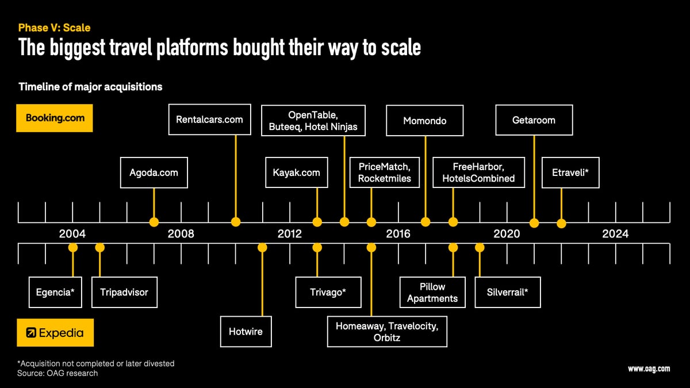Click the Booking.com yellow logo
click(x=55, y=118)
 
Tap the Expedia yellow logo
click(x=55, y=332)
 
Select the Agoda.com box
click(x=154, y=172)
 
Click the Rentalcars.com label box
click(x=209, y=120)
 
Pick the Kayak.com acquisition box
click(x=296, y=172)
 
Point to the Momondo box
click(x=424, y=121)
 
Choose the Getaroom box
click(x=534, y=120)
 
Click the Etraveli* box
click(x=570, y=172)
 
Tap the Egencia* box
click(x=55, y=292)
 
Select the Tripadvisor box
click(x=124, y=292)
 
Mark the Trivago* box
click(x=328, y=292)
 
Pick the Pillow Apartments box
click(x=432, y=292)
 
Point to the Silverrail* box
click(x=507, y=292)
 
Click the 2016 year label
click(x=398, y=234)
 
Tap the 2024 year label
click(x=615, y=234)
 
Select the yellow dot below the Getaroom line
click(x=534, y=222)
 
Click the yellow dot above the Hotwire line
click(x=262, y=248)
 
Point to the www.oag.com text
click(x=649, y=369)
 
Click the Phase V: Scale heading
click(x=54, y=28)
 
